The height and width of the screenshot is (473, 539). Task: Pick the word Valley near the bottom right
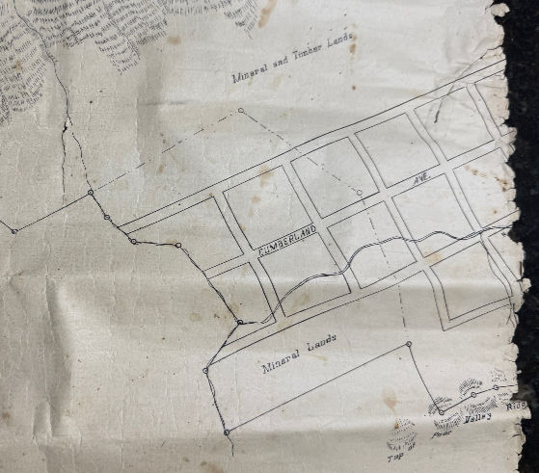click(x=476, y=417)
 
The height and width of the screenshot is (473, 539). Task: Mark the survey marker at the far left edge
click(x=13, y=231)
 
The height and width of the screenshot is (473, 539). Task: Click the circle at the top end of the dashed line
click(x=241, y=110)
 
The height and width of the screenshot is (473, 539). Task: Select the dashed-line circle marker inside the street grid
click(x=359, y=193)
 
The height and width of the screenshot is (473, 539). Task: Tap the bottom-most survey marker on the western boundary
click(x=227, y=433)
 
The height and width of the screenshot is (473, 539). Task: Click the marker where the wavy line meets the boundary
click(x=239, y=321)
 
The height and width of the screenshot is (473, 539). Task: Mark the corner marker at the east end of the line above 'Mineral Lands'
click(x=409, y=344)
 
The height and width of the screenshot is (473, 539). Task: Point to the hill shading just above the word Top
click(x=400, y=433)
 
